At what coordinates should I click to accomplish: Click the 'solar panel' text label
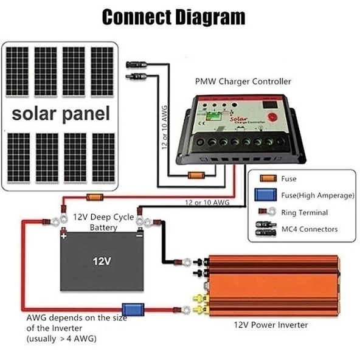point(61,113)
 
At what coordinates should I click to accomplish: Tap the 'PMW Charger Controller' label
point(243,81)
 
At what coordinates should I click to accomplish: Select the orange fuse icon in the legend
point(267,179)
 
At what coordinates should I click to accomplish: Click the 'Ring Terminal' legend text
point(304,213)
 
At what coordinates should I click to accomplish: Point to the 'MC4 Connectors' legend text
point(310,229)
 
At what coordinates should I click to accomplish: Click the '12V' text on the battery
point(102,262)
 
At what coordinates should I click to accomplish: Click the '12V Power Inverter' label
point(271,325)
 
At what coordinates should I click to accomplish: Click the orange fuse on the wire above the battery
point(94,197)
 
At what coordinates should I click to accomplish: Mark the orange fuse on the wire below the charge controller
point(195,176)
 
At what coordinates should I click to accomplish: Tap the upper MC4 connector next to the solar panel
point(134,64)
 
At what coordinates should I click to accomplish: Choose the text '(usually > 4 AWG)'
point(61,338)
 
